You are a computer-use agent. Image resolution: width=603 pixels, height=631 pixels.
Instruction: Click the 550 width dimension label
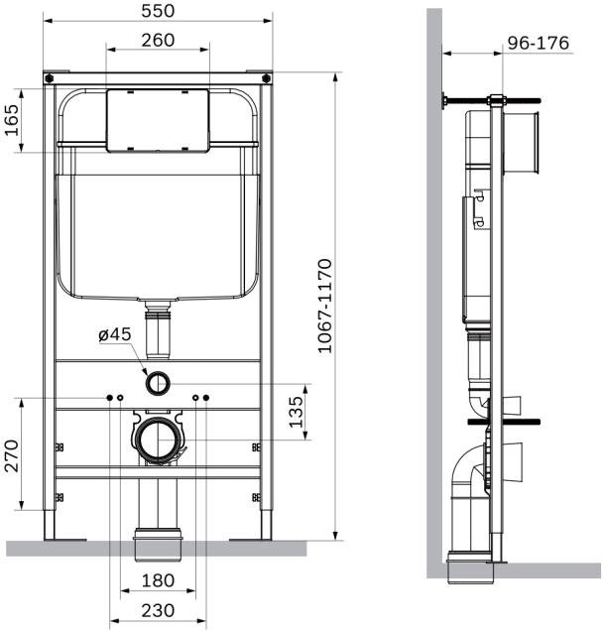click(x=158, y=10)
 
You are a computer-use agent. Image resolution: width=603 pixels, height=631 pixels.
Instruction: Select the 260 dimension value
click(x=158, y=40)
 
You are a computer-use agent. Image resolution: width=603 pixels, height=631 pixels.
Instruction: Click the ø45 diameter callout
click(x=115, y=335)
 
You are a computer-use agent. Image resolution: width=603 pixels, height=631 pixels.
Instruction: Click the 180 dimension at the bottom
click(x=158, y=580)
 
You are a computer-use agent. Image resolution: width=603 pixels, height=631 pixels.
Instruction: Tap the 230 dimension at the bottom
click(x=158, y=609)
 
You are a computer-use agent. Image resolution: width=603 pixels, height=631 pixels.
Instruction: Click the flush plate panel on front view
click(x=158, y=120)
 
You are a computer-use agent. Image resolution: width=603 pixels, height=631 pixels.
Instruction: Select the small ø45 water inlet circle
click(x=158, y=381)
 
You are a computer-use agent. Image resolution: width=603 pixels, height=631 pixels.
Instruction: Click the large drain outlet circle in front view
click(x=158, y=438)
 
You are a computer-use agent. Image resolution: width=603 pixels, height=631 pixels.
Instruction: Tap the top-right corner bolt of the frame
click(x=265, y=75)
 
